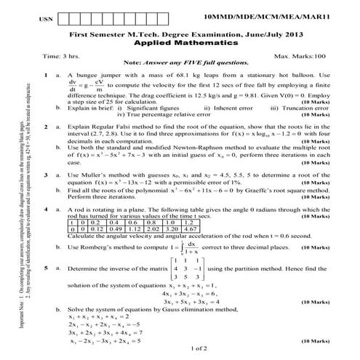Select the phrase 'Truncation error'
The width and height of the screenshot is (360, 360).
pos(292,108)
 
